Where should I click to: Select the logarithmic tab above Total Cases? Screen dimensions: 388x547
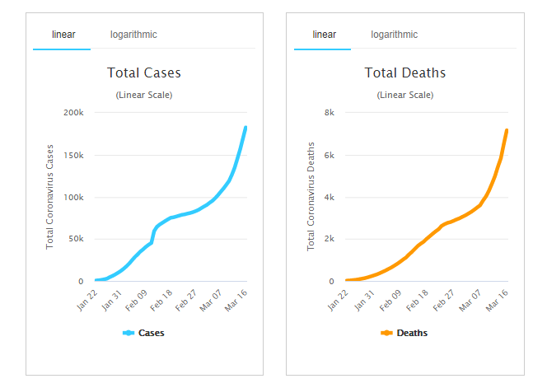(133, 35)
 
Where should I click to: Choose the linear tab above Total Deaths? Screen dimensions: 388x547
(324, 35)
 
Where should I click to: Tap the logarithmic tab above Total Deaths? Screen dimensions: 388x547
(394, 35)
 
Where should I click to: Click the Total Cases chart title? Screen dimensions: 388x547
(144, 73)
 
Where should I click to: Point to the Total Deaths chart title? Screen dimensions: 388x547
(404, 73)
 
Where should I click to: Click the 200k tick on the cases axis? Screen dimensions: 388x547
(73, 112)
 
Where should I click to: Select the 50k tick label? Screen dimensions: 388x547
(76, 239)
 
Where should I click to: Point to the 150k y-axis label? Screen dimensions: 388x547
(73, 155)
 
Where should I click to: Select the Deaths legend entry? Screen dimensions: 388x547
(404, 333)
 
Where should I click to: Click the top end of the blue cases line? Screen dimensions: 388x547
(245, 128)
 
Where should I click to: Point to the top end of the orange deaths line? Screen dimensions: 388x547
(507, 130)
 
